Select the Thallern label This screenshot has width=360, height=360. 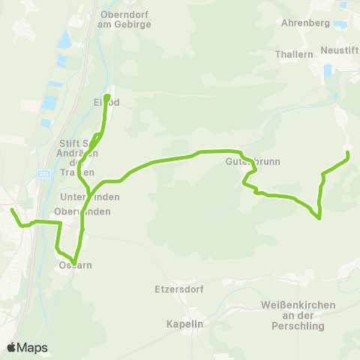pos(294,55)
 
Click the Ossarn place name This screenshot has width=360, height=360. pos(73,265)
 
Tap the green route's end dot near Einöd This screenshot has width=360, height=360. pos(107,97)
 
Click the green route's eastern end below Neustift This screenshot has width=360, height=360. pos(348,154)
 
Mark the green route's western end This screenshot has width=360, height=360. pos(11,210)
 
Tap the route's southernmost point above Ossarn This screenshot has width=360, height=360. pos(75,260)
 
